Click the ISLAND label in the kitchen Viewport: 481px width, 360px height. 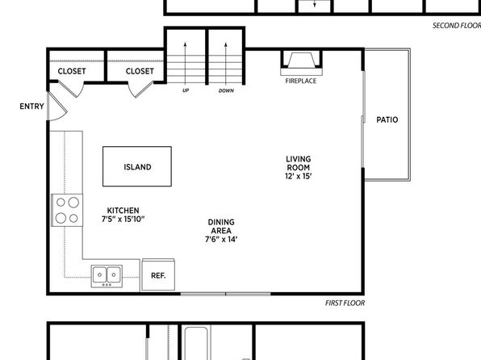[137, 167]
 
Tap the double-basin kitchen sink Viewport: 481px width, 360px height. [107, 276]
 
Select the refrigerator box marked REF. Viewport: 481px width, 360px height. [158, 274]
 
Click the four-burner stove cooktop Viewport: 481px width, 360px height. [67, 210]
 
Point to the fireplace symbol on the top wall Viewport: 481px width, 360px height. [301, 63]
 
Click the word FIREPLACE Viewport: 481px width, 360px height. [300, 81]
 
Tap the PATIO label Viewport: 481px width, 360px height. [387, 119]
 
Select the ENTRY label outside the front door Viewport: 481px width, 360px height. [31, 107]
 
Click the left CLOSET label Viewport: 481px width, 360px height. [72, 71]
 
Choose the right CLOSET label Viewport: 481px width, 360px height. [140, 71]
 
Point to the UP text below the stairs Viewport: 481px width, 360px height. [186, 90]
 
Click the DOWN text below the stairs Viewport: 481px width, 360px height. [226, 90]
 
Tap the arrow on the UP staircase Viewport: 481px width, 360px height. [186, 63]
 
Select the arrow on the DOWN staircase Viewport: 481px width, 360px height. [226, 63]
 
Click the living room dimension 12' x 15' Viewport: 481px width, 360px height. [298, 176]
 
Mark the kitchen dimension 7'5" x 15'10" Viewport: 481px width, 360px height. [123, 219]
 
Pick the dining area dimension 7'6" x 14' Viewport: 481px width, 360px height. [221, 240]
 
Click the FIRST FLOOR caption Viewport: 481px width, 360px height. [345, 303]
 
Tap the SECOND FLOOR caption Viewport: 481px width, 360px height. [457, 26]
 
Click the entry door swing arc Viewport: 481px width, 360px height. [62, 116]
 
